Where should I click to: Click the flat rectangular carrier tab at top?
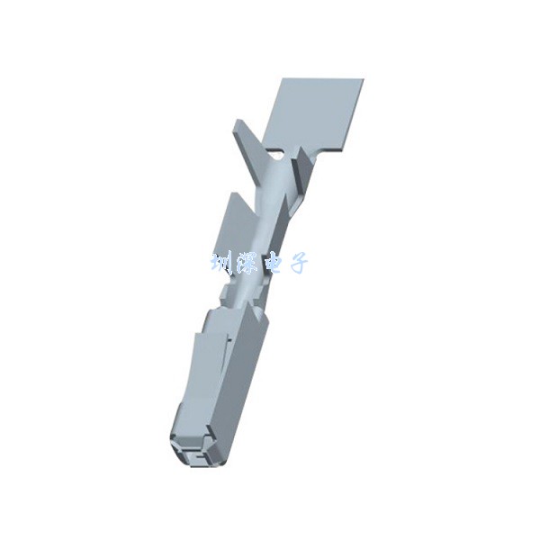click(x=312, y=113)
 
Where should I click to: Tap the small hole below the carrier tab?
click(x=274, y=153)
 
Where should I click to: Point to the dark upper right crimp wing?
click(x=302, y=172)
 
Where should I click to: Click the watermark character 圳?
click(x=221, y=264)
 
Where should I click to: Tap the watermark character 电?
click(x=272, y=264)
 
